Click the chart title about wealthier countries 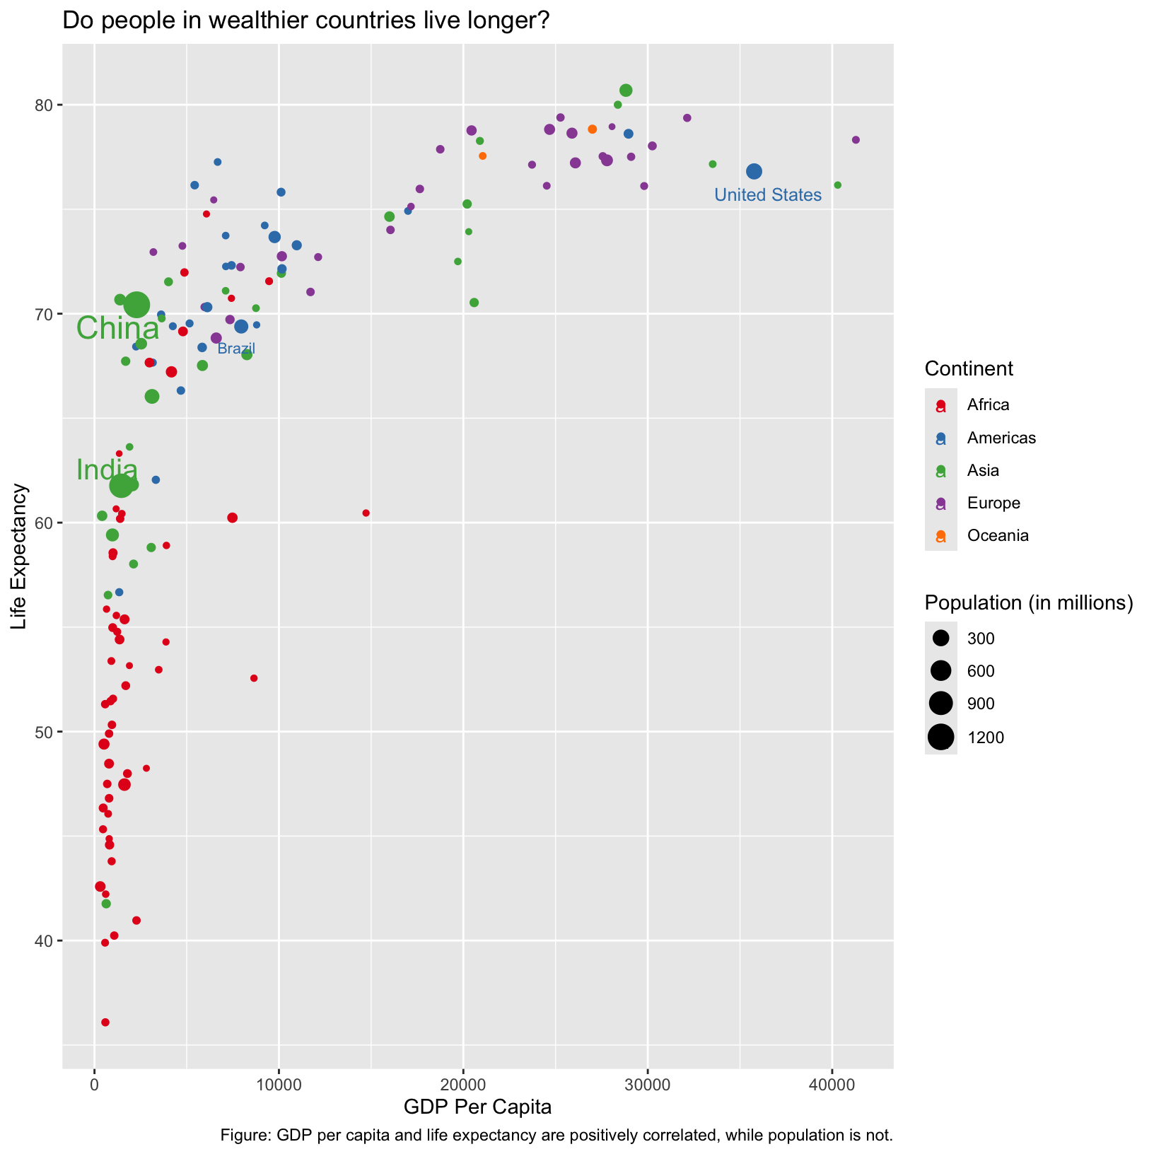pos(306,21)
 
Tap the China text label pos(117,329)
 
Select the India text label pos(107,470)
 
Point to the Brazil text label pos(236,349)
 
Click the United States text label pos(768,195)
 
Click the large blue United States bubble pos(754,171)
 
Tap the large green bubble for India pos(121,486)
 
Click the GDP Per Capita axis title pos(477,1107)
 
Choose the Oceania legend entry pos(998,535)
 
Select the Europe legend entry pos(993,503)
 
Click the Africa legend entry pos(988,405)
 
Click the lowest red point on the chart pos(105,1022)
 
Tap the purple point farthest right pos(856,140)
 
